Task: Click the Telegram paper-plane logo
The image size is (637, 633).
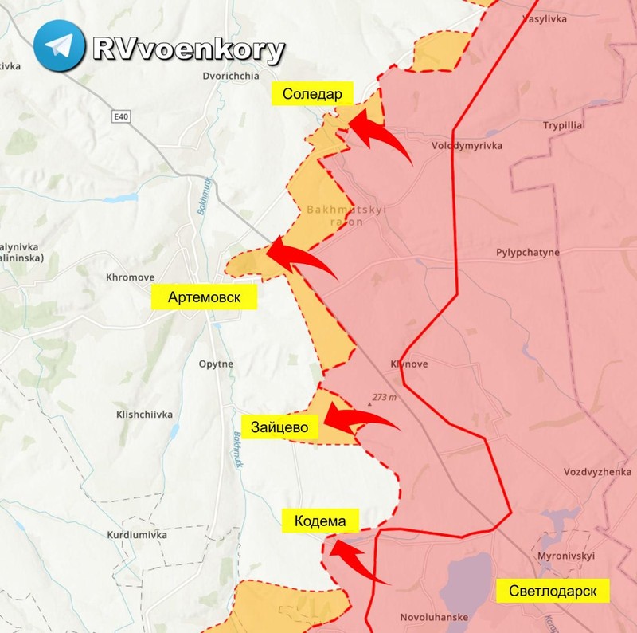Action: (60, 46)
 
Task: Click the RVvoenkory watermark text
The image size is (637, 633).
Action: (188, 49)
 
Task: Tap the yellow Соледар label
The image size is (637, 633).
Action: (312, 94)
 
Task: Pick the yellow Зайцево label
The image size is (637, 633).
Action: (279, 427)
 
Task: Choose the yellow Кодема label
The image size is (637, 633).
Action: (319, 521)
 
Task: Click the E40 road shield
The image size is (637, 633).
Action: (121, 117)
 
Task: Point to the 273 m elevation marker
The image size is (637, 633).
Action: (383, 396)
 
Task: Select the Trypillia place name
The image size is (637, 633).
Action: (563, 126)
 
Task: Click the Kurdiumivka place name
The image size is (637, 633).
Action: (137, 535)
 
